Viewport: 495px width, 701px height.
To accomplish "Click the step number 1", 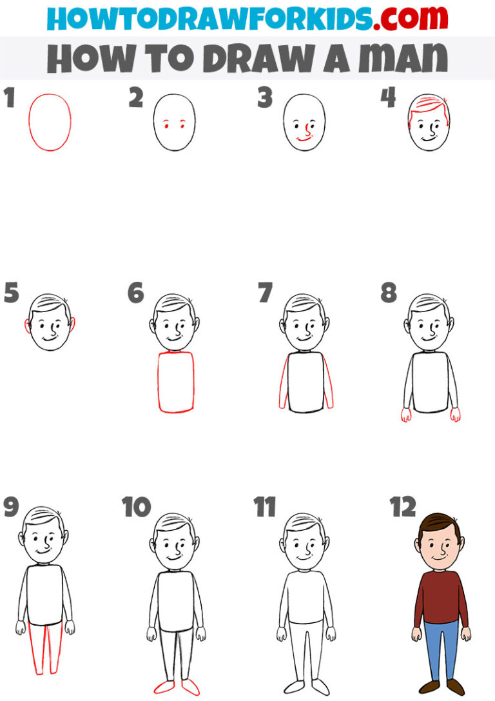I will pyautogui.click(x=8, y=99).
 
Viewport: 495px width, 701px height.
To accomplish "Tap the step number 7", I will pyautogui.click(x=265, y=293).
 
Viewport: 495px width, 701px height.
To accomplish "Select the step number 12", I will pyautogui.click(x=403, y=507).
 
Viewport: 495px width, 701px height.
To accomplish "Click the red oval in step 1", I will pyautogui.click(x=50, y=122).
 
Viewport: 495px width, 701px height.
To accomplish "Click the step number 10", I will pyautogui.click(x=137, y=507).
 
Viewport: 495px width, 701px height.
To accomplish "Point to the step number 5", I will pyautogui.click(x=11, y=293).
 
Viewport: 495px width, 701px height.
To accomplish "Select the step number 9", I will pyautogui.click(x=11, y=507).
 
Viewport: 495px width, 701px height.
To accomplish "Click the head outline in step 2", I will pyautogui.click(x=175, y=123).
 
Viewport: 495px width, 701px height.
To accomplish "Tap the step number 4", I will pyautogui.click(x=388, y=99).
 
